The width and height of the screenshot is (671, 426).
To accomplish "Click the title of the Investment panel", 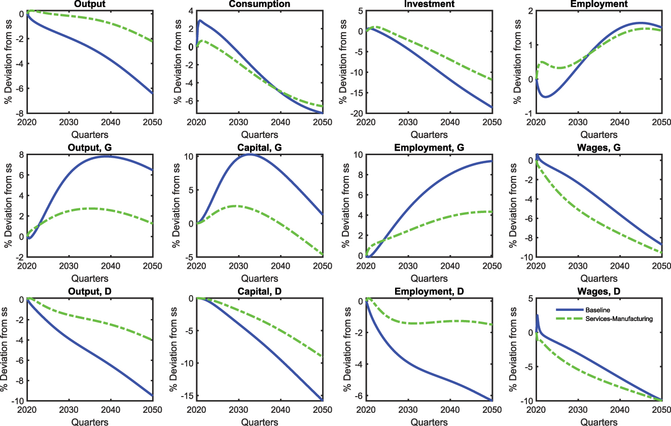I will tap(429, 4).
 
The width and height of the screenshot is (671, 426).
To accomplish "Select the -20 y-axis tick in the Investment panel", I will tap(355, 113).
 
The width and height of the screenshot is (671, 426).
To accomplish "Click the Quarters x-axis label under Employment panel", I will tap(598, 134).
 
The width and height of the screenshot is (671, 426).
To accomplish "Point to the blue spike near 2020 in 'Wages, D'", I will tap(537, 315).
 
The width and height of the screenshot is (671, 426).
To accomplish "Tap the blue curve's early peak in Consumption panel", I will tap(200, 21).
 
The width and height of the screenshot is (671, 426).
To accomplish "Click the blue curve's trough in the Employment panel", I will tap(545, 96).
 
